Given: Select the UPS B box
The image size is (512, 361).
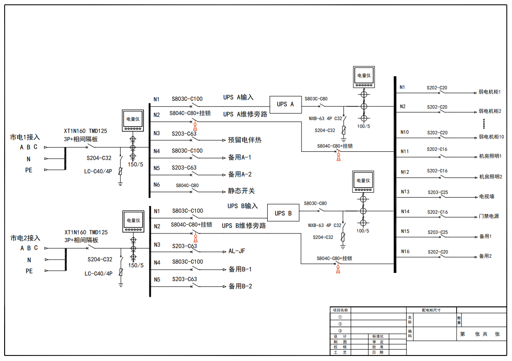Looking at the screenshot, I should click(283, 213).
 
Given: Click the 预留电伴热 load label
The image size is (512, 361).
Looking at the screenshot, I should click(245, 140).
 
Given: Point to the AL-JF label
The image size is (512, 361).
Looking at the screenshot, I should click(237, 251).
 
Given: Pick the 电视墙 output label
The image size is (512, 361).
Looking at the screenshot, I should click(486, 197).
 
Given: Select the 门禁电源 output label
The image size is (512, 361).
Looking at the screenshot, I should click(489, 217).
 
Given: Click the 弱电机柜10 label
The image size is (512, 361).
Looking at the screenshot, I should click(491, 137).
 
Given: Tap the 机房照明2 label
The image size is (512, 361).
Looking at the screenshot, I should click(490, 177).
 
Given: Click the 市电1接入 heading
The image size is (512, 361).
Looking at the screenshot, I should click(25, 137).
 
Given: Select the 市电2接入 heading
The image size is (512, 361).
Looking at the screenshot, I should click(25, 238).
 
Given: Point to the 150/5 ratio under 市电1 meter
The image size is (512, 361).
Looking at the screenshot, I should click(136, 164).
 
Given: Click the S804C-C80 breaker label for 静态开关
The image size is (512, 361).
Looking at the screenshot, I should click(187, 186).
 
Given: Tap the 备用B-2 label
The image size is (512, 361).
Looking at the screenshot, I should click(240, 286).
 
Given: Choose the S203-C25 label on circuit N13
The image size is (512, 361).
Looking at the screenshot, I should click(438, 193).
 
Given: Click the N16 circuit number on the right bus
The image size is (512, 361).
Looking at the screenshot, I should click(405, 251).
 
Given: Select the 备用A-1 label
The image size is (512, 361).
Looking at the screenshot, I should click(240, 157).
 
